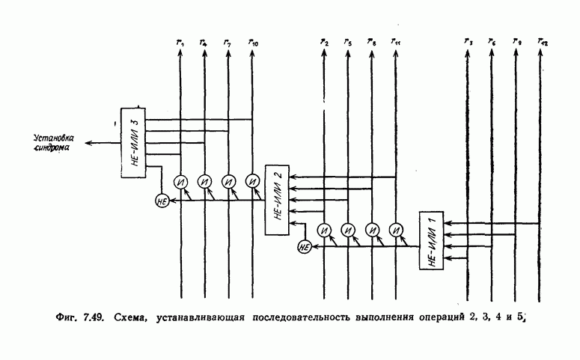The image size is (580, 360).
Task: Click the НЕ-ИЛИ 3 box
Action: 132,142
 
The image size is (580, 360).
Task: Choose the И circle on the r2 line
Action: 323,229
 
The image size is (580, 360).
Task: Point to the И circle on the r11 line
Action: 394,229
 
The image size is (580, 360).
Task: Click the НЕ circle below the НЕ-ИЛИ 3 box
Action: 161,200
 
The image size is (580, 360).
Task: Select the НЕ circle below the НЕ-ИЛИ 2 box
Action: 304,248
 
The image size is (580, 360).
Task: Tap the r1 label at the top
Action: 180,44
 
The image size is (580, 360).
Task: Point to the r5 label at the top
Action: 348,43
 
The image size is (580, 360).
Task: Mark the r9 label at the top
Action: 516,43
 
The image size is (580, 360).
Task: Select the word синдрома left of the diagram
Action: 52,149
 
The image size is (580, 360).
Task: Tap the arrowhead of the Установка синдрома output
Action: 87,143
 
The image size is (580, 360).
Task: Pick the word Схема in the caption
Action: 132,318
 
